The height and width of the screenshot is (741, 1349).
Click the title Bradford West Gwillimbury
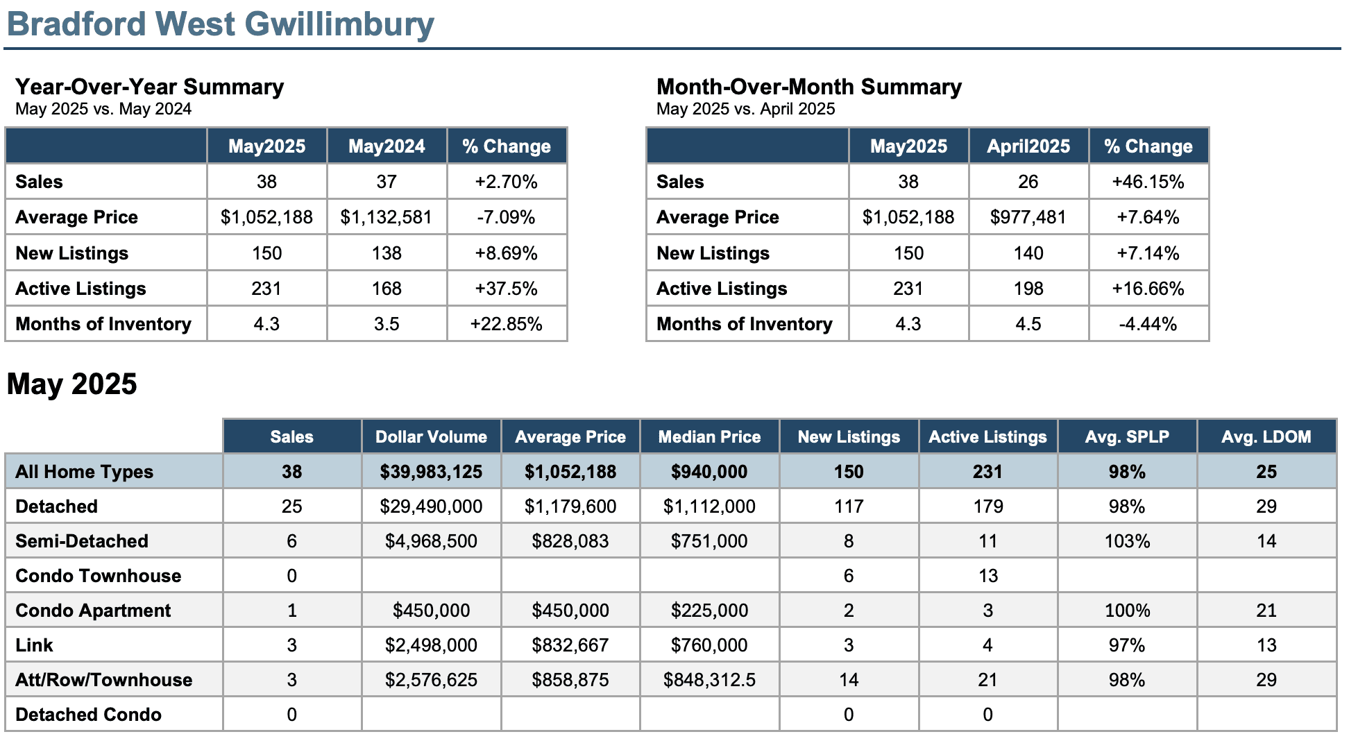pyautogui.click(x=221, y=24)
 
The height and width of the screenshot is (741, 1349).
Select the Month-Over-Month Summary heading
pyautogui.click(x=809, y=87)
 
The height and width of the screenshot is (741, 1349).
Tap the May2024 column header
pyautogui.click(x=387, y=146)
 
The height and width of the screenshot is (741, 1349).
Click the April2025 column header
pyautogui.click(x=1028, y=146)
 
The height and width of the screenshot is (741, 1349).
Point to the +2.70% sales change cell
pyautogui.click(x=507, y=182)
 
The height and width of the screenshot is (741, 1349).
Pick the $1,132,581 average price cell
pyautogui.click(x=387, y=217)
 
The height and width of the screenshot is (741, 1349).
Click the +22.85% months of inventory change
pyautogui.click(x=507, y=324)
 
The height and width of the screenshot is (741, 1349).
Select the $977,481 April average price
pyautogui.click(x=1028, y=217)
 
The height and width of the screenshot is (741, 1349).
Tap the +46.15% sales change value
pyautogui.click(x=1148, y=182)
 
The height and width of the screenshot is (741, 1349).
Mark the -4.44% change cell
pyautogui.click(x=1148, y=324)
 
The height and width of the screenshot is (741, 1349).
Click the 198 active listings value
pyautogui.click(x=1028, y=289)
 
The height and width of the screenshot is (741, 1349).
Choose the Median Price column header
pyautogui.click(x=709, y=437)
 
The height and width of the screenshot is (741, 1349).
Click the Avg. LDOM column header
pyautogui.click(x=1266, y=437)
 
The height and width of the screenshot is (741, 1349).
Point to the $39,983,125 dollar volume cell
pyautogui.click(x=431, y=472)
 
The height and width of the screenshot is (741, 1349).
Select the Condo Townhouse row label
pyautogui.click(x=98, y=576)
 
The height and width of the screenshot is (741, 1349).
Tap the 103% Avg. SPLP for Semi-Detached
pyautogui.click(x=1127, y=541)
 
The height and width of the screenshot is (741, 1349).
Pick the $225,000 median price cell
pyautogui.click(x=709, y=611)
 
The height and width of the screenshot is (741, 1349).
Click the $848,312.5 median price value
pyautogui.click(x=709, y=680)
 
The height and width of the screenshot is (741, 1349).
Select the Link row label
pyautogui.click(x=34, y=645)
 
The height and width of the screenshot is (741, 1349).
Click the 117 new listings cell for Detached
pyautogui.click(x=849, y=506)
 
